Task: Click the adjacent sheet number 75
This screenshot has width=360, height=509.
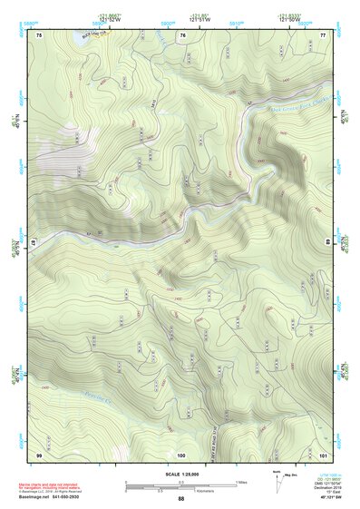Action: [x=40, y=34]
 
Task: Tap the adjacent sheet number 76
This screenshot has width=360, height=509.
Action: [x=182, y=34]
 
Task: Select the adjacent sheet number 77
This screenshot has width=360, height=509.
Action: [x=323, y=34]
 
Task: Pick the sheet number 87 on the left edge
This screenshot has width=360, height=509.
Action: [x=34, y=243]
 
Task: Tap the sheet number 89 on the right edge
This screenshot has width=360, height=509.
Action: [x=328, y=243]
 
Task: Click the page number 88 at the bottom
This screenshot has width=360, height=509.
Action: [x=181, y=499]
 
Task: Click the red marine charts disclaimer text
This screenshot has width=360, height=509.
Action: [x=54, y=482]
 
